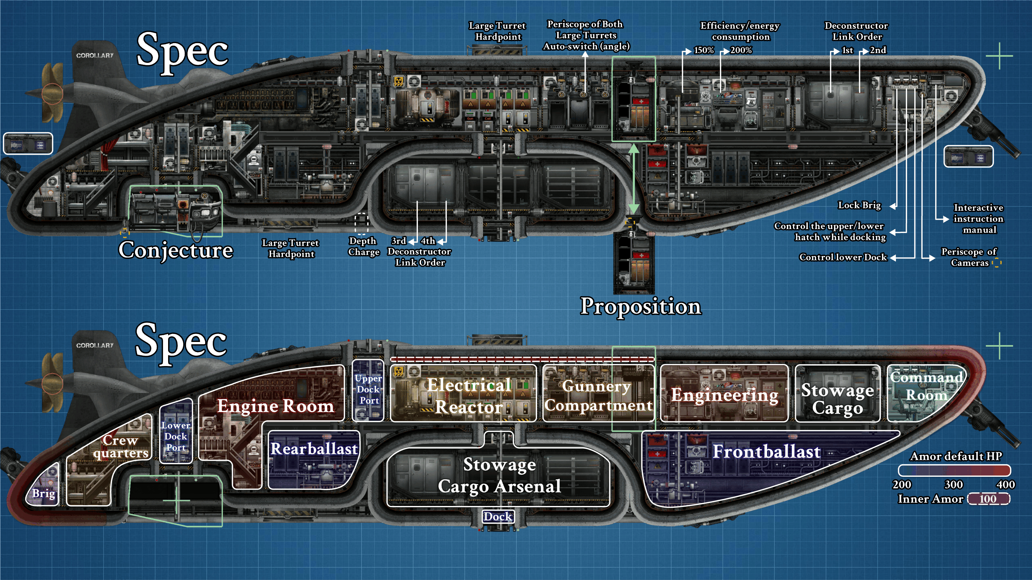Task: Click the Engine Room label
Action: tap(275, 406)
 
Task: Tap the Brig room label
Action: tap(44, 493)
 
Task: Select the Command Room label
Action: tap(927, 386)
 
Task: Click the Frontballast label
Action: tap(766, 452)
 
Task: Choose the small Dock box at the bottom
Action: tap(497, 516)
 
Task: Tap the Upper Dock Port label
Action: tap(369, 389)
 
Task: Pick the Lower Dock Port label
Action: tap(176, 436)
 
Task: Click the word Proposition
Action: tap(641, 307)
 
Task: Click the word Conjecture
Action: tap(175, 251)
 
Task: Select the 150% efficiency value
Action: tap(704, 50)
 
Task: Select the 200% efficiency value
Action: tap(741, 50)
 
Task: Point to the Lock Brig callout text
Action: tap(859, 205)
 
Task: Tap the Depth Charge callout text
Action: tap(363, 246)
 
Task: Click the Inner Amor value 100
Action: tap(988, 499)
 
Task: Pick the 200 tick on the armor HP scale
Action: tap(902, 485)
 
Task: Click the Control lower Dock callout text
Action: tap(843, 257)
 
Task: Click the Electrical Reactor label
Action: tap(469, 396)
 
